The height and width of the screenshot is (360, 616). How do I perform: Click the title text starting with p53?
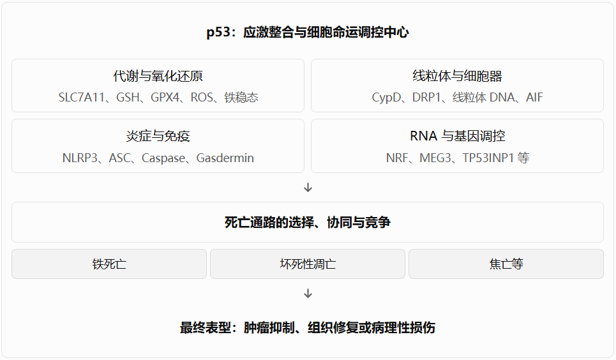308,32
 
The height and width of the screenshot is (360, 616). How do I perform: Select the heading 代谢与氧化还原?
158,76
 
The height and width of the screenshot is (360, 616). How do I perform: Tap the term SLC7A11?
81,97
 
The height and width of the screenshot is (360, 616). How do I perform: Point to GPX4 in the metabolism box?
165,97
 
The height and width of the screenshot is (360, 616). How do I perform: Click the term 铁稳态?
241,97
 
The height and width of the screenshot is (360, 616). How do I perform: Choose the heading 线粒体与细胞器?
457,76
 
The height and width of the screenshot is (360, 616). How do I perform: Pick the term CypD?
387,98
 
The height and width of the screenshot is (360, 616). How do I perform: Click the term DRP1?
426,97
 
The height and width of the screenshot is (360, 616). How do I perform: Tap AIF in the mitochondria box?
534,97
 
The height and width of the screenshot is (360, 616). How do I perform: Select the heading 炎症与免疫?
158,136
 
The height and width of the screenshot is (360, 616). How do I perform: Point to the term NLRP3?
80,158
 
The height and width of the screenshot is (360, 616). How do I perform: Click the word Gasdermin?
225,158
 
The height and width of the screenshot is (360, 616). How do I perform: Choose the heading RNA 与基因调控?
457,136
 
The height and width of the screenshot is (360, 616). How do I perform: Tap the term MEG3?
435,158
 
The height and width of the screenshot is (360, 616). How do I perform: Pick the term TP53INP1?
488,158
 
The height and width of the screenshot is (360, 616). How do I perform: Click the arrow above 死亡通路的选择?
308,188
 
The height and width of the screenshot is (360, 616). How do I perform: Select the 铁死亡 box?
109,264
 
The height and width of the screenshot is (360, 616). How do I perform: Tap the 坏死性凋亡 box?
308,264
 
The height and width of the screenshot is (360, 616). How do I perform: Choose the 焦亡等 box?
506,264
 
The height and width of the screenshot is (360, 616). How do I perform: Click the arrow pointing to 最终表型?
308,294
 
